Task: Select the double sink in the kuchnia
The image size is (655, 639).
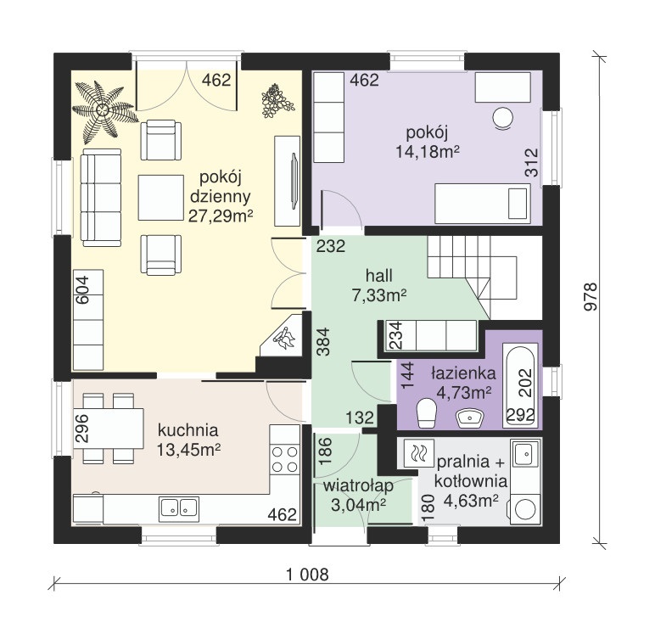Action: tap(179, 509)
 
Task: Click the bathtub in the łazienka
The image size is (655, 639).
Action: tap(520, 384)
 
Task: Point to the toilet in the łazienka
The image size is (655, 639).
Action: tap(427, 412)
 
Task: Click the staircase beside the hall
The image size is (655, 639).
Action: tap(472, 277)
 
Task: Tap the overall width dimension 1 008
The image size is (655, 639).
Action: tap(308, 575)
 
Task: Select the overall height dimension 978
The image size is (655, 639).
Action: tap(591, 297)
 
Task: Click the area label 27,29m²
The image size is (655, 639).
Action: tap(221, 216)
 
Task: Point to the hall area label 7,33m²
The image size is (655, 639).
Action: tap(379, 295)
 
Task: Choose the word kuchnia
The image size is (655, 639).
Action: tap(188, 429)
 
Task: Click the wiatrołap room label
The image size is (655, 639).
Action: tap(358, 486)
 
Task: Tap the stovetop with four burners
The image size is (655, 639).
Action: tap(284, 459)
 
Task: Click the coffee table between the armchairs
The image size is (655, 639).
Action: tap(161, 198)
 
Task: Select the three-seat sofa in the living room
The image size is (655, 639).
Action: tap(102, 198)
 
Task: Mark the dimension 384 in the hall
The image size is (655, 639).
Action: tap(323, 342)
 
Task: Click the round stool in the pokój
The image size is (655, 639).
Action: tap(503, 118)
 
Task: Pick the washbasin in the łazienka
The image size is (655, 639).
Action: tap(470, 418)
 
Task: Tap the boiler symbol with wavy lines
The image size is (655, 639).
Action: tap(417, 453)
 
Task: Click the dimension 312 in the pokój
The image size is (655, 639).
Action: tap(531, 163)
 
